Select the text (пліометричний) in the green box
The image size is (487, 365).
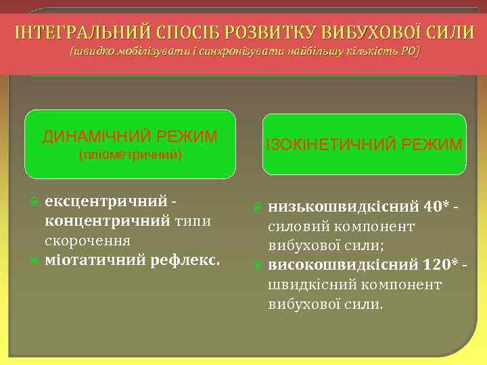(131, 155)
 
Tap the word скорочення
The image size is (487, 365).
(87, 240)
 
